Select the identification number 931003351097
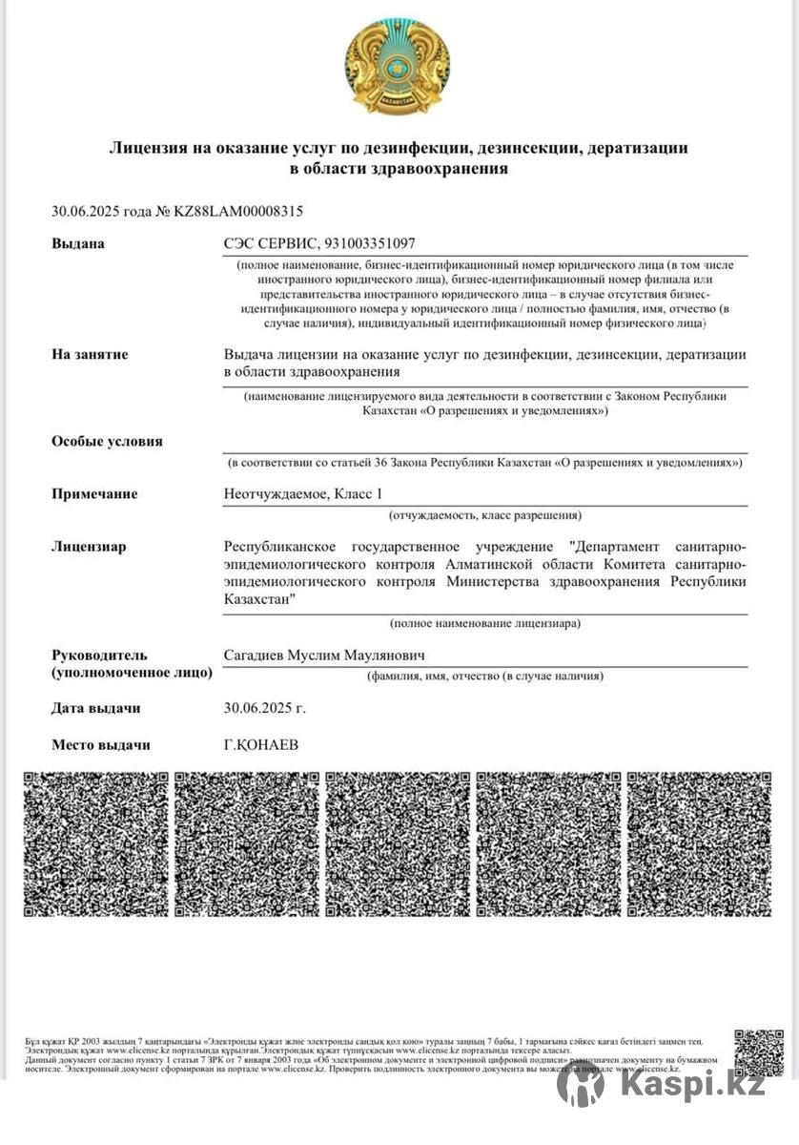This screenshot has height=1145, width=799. [370, 243]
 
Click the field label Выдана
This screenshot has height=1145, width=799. [78, 243]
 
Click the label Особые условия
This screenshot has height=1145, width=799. [107, 441]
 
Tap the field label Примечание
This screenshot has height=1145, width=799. [94, 493]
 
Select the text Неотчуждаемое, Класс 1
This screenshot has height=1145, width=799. [302, 493]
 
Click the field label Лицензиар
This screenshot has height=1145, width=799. [89, 547]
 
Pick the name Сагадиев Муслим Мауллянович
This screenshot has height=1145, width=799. [323, 656]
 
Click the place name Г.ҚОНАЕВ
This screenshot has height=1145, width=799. [260, 744]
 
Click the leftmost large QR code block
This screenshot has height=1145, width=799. [95, 844]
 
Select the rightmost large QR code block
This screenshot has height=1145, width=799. [700, 844]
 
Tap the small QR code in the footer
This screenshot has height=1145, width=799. [759, 1052]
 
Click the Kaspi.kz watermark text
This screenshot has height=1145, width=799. [692, 1085]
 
